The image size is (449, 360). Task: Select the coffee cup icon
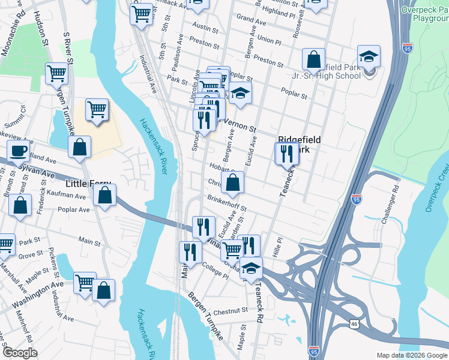point(18,151)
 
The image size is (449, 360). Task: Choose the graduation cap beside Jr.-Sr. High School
point(369,57)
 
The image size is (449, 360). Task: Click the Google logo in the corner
point(19,353)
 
